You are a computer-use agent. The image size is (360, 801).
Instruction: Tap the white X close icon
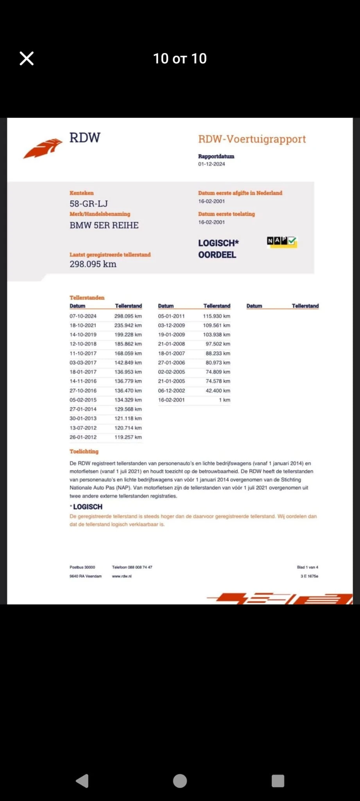(27, 59)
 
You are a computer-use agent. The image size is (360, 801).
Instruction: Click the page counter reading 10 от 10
(180, 59)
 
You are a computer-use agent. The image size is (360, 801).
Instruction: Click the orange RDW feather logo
(43, 148)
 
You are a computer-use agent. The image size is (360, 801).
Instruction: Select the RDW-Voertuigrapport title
(252, 139)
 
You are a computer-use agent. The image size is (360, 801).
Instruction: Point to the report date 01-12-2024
(211, 164)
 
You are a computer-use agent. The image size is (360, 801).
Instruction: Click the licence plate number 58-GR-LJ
(89, 204)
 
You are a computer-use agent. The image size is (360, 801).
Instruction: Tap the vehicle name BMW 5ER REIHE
(104, 225)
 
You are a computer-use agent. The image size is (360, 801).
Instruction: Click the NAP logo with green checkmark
(282, 241)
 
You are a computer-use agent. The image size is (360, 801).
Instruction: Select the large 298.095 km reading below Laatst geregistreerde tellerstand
(93, 264)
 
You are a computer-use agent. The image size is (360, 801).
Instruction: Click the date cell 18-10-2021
(83, 325)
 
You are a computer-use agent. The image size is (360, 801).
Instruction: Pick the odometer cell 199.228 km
(128, 335)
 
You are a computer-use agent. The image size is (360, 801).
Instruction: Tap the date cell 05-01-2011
(171, 316)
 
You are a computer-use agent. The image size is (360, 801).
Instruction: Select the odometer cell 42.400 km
(218, 391)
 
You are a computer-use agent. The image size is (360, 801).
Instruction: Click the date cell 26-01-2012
(83, 437)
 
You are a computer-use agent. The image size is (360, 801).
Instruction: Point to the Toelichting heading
(84, 451)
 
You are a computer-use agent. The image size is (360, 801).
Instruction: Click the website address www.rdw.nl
(122, 576)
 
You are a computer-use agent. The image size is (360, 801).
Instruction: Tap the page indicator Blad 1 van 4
(307, 567)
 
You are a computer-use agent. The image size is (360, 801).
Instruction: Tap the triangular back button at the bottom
(82, 781)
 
